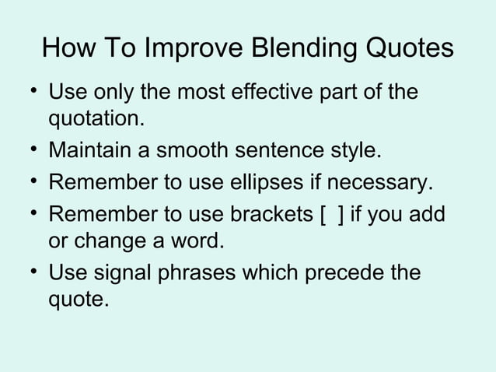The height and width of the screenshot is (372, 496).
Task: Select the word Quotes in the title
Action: pyautogui.click(x=403, y=48)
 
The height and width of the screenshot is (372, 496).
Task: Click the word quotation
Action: pyautogui.click(x=96, y=120)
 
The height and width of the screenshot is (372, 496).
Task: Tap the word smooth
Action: pyautogui.click(x=196, y=149)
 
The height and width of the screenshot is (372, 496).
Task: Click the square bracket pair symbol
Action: pyautogui.click(x=331, y=214)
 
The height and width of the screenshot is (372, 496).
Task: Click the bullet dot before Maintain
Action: pyautogui.click(x=27, y=149)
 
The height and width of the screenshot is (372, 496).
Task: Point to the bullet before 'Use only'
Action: pyautogui.click(x=27, y=93)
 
